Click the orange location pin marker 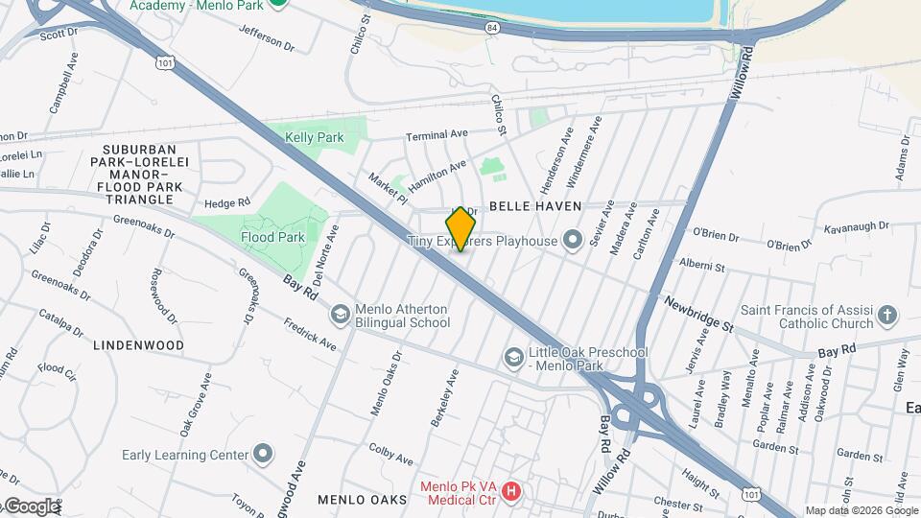pyautogui.click(x=460, y=228)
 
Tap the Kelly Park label pyautogui.click(x=314, y=137)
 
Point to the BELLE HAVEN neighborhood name pyautogui.click(x=535, y=206)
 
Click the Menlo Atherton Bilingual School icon pyautogui.click(x=340, y=315)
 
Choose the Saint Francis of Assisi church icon pyautogui.click(x=888, y=315)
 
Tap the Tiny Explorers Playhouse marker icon pyautogui.click(x=573, y=240)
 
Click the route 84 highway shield pyautogui.click(x=492, y=30)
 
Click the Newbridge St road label pyautogui.click(x=697, y=314)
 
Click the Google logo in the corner pyautogui.click(x=31, y=506)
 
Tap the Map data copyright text pyautogui.click(x=861, y=510)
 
